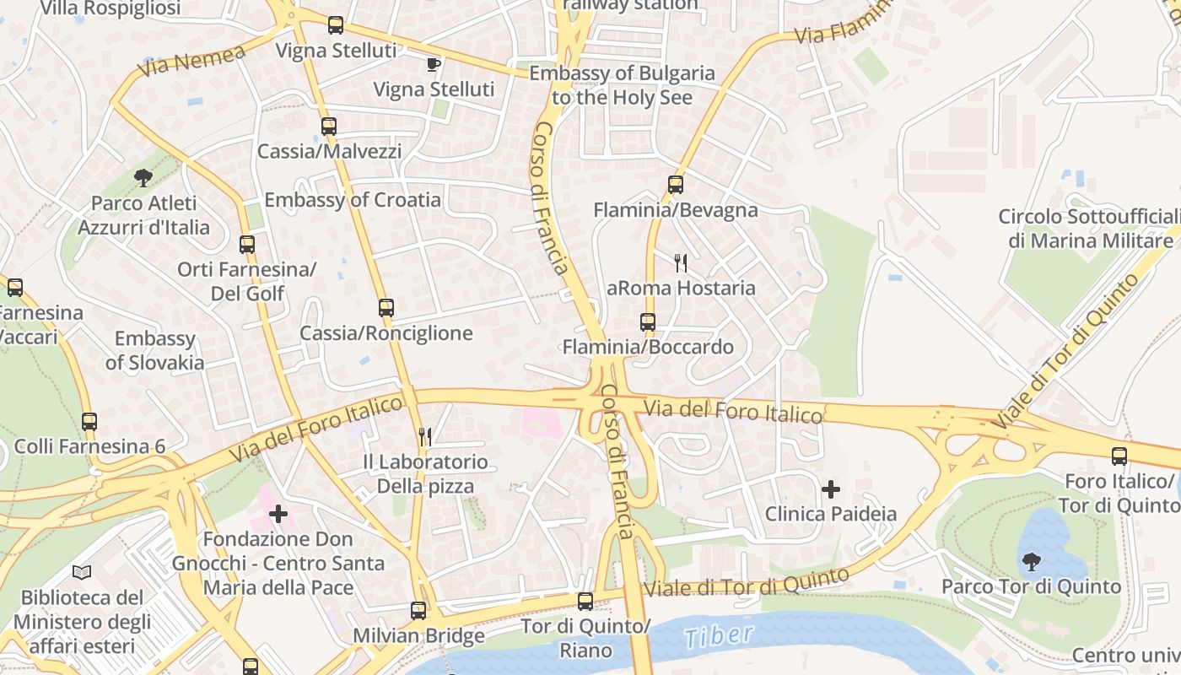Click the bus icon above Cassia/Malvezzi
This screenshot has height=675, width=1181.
click(x=329, y=127)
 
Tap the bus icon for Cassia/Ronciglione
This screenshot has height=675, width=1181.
click(x=386, y=308)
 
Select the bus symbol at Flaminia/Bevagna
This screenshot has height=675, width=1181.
click(x=675, y=184)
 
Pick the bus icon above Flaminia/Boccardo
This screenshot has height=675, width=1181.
click(x=647, y=322)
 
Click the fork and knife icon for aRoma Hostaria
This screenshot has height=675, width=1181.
click(x=681, y=263)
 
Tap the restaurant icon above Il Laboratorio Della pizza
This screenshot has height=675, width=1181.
click(x=425, y=436)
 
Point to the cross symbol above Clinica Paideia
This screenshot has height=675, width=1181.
click(x=831, y=489)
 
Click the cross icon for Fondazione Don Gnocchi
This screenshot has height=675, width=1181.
click(x=278, y=513)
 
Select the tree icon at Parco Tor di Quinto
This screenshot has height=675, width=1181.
click(x=1031, y=561)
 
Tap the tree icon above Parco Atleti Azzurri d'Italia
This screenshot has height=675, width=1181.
click(x=143, y=177)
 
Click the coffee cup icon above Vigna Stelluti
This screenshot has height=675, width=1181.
click(x=434, y=64)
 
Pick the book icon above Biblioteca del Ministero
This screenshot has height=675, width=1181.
click(x=82, y=573)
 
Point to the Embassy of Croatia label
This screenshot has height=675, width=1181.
click(x=353, y=200)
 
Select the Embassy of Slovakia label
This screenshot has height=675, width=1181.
click(x=155, y=351)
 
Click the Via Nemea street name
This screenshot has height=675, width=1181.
click(x=192, y=60)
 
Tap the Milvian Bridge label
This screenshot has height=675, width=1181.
click(x=419, y=635)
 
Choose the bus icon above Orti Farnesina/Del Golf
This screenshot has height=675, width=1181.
click(x=247, y=245)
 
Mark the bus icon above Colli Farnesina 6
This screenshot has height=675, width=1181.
click(x=89, y=421)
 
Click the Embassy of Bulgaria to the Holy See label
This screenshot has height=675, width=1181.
click(x=623, y=85)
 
